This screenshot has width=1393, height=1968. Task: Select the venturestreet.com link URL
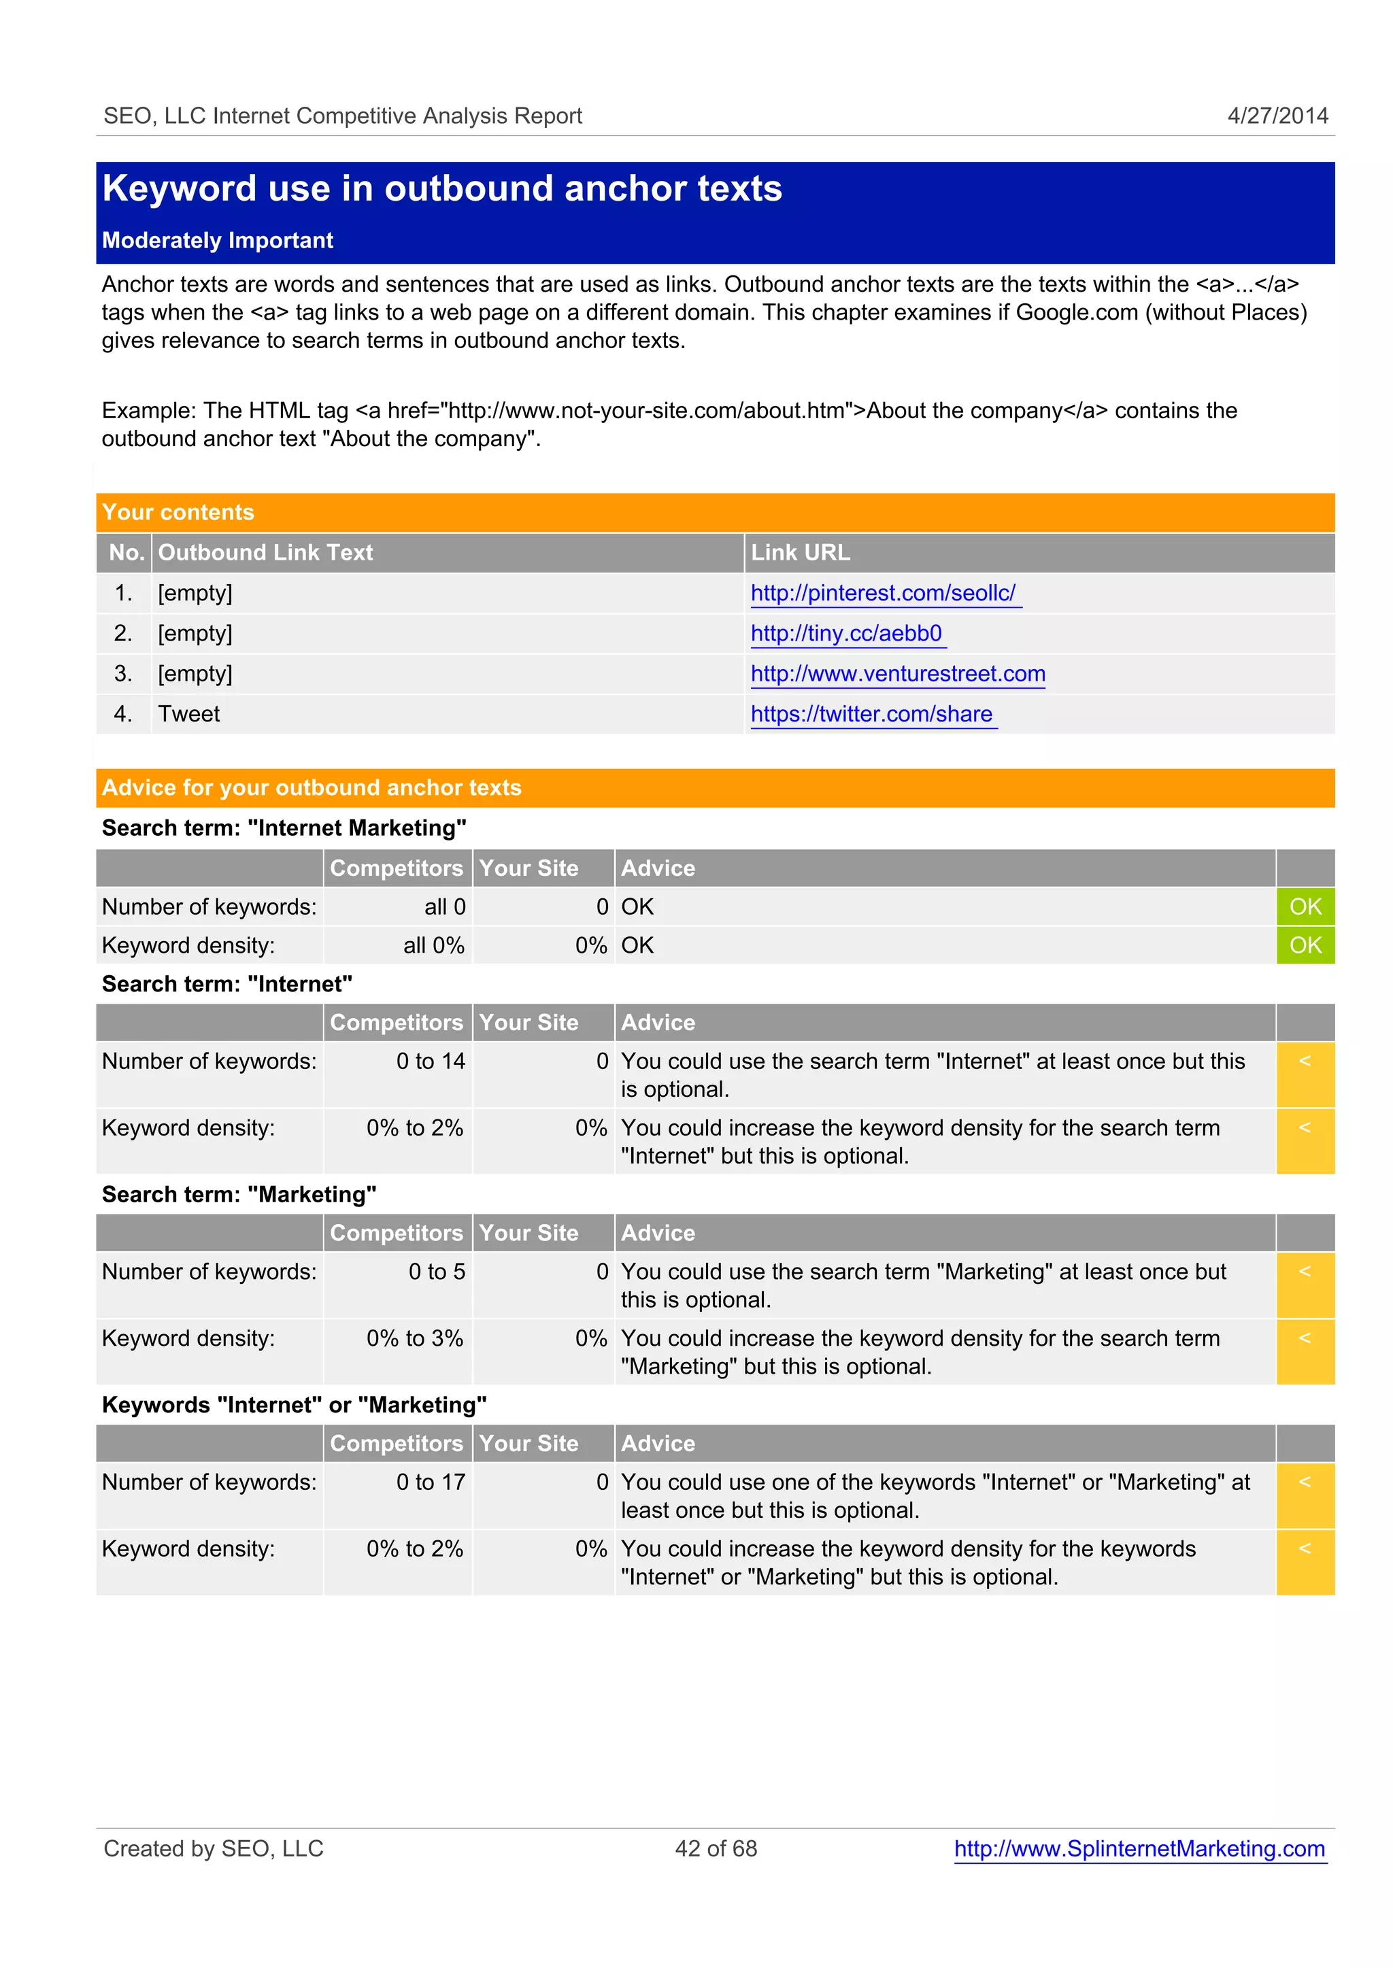[897, 673]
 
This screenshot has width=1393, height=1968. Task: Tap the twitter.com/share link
[871, 713]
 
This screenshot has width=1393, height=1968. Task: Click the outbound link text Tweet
[188, 713]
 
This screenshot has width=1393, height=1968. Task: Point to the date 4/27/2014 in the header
[1277, 116]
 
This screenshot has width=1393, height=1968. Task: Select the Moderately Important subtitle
[217, 240]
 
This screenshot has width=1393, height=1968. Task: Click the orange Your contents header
[178, 512]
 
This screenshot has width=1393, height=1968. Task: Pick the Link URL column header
[801, 552]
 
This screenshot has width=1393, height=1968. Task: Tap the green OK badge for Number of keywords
[1305, 906]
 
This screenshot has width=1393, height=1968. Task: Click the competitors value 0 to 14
[430, 1061]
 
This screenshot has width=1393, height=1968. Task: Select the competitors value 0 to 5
[436, 1271]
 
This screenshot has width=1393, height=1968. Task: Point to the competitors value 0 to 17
[430, 1482]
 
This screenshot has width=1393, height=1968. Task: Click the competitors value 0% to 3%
[414, 1338]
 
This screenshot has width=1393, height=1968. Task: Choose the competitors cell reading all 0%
[433, 945]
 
